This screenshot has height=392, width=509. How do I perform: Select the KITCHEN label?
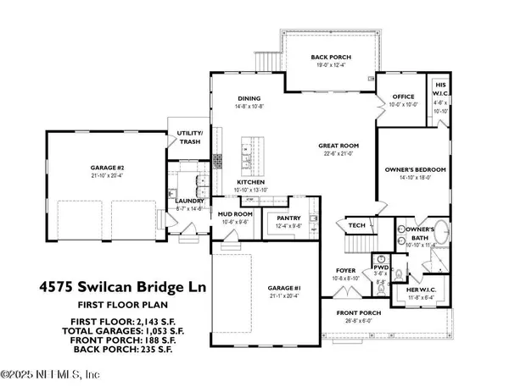point(252,182)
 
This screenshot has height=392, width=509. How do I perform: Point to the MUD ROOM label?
point(231,215)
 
